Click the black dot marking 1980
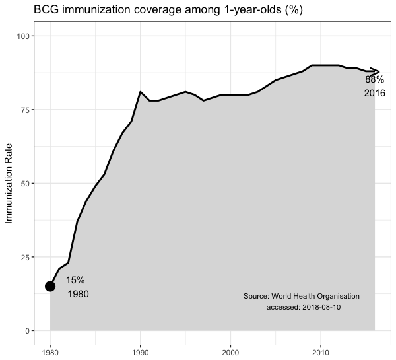50,286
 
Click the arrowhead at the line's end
377,71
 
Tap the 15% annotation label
75,280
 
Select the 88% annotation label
374,80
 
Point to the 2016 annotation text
374,93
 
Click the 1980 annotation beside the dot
78,294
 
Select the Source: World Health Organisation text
301,296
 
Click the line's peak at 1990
141,92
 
